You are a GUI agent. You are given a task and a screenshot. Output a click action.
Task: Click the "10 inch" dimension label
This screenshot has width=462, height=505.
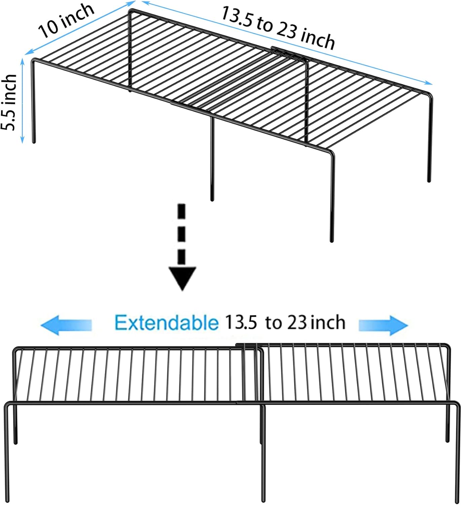(x=66, y=21)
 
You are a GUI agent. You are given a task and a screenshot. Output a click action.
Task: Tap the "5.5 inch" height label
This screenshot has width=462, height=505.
(x=9, y=102)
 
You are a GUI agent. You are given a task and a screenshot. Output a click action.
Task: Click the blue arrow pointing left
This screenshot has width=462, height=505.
(x=66, y=325)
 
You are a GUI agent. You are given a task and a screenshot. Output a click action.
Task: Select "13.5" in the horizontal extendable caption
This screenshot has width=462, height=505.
(x=241, y=323)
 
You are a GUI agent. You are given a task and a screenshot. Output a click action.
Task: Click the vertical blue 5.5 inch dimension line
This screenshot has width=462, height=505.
(x=23, y=101)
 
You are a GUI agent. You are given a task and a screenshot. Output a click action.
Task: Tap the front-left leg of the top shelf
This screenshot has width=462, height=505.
(x=34, y=101)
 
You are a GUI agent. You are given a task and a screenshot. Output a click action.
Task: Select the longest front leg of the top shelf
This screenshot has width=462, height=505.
(x=332, y=199)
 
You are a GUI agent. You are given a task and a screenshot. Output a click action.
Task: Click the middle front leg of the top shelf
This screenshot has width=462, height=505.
(x=212, y=158)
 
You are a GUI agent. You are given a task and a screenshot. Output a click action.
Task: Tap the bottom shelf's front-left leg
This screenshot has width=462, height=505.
(x=7, y=454)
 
